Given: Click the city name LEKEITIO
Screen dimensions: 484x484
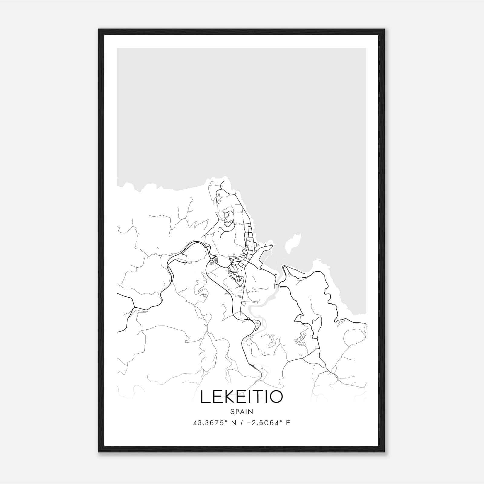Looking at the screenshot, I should (x=242, y=397).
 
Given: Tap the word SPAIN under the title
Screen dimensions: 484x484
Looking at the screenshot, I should (x=242, y=411).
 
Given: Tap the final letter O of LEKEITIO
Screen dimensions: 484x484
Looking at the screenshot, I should (x=276, y=397).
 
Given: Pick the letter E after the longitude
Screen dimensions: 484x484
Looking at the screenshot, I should (x=288, y=423).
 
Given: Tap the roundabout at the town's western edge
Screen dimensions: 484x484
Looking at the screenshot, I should (x=211, y=259).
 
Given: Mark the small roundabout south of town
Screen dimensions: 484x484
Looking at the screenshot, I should (x=248, y=319).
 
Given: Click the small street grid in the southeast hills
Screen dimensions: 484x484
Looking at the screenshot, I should (x=301, y=339).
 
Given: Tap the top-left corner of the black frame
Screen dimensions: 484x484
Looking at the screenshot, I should (x=99, y=30).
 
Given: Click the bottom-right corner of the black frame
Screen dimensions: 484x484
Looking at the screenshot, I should (x=384, y=451).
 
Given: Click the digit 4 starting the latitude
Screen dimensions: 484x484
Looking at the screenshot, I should (x=195, y=423).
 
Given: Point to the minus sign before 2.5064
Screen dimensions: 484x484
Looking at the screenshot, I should (x=250, y=423).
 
